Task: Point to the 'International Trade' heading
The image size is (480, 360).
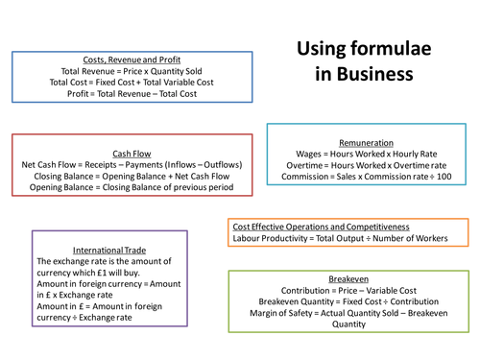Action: pyautogui.click(x=97, y=249)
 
